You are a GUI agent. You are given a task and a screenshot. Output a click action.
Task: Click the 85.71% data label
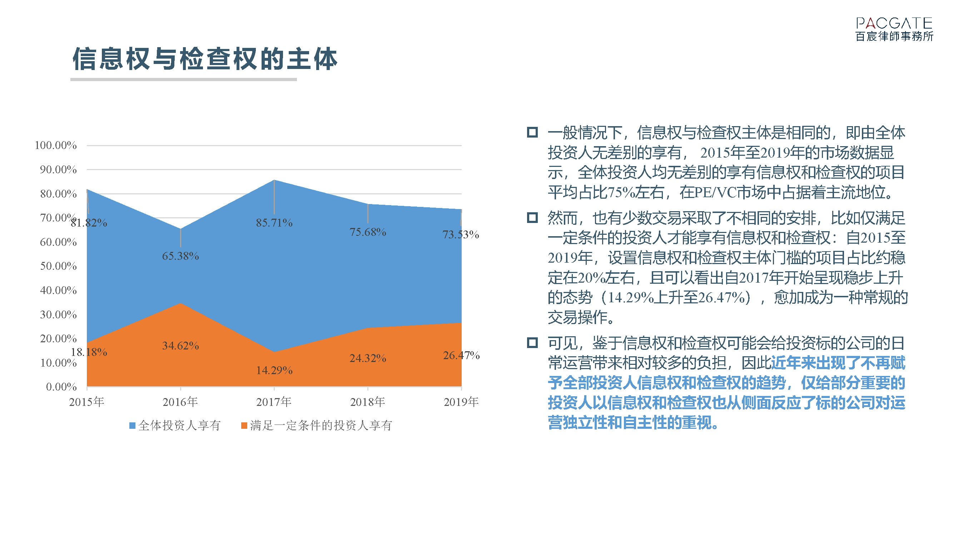pyautogui.click(x=274, y=223)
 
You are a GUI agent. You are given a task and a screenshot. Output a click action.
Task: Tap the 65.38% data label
pyautogui.click(x=180, y=256)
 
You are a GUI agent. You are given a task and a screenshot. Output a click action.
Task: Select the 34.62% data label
pyautogui.click(x=180, y=346)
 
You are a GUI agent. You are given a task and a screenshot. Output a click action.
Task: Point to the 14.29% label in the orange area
pyautogui.click(x=274, y=370)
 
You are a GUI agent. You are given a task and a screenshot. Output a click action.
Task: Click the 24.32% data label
pyautogui.click(x=368, y=358)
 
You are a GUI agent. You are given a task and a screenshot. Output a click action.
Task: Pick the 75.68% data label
pyautogui.click(x=368, y=232)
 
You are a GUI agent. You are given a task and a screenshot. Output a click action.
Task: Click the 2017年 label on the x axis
pyautogui.click(x=274, y=402)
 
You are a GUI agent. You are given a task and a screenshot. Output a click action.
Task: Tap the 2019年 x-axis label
pyautogui.click(x=461, y=402)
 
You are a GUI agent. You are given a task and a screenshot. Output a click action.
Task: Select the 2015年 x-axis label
pyautogui.click(x=86, y=402)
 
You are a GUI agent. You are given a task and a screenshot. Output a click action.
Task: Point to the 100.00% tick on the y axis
pyautogui.click(x=55, y=145)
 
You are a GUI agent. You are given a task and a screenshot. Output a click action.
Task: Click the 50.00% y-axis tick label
pyautogui.click(x=59, y=266)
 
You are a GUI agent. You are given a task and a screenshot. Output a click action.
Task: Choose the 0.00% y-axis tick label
pyautogui.click(x=61, y=387)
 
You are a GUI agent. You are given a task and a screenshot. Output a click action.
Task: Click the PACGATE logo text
pyautogui.click(x=894, y=23)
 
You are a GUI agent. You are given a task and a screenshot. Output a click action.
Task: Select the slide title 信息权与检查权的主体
pyautogui.click(x=205, y=59)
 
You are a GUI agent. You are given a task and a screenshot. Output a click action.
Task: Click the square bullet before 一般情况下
pyautogui.click(x=532, y=132)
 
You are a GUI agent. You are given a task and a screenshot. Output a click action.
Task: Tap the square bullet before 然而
pyautogui.click(x=532, y=218)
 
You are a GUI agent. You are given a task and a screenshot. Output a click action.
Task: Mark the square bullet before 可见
pyautogui.click(x=532, y=343)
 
